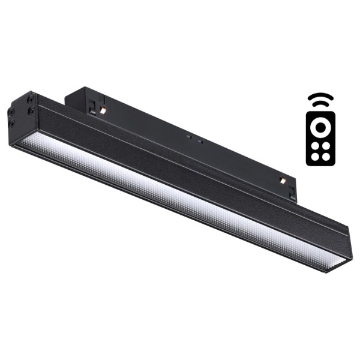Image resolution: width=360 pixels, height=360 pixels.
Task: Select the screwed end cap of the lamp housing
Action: click(20, 114)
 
